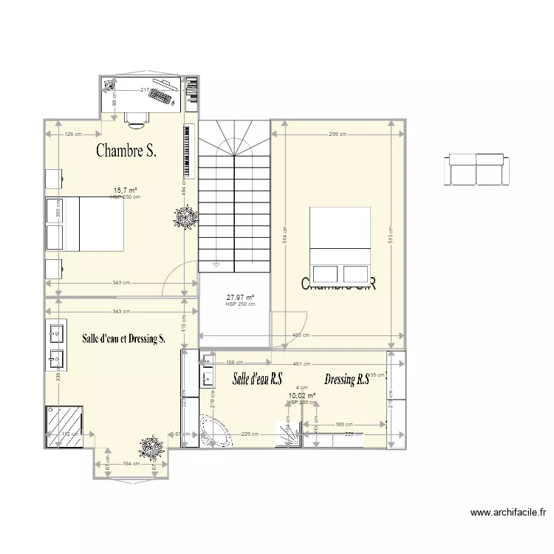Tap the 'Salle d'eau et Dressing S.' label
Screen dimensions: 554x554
tap(124, 339)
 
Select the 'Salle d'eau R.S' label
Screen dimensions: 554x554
tap(258, 380)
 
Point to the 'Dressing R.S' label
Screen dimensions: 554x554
tap(346, 380)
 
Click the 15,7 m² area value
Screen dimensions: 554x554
tap(125, 190)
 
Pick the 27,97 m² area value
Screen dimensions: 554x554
tap(240, 298)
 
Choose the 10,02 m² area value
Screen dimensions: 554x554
tap(301, 396)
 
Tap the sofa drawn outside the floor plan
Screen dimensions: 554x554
tap(476, 169)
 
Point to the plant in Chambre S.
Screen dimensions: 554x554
tap(184, 217)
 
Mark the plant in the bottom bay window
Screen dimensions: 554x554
tap(152, 447)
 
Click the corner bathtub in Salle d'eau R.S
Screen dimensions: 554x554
tap(215, 431)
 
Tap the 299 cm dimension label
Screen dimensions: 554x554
tap(336, 134)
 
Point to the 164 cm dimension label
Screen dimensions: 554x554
tap(131, 464)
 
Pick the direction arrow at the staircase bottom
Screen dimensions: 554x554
tap(216, 264)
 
